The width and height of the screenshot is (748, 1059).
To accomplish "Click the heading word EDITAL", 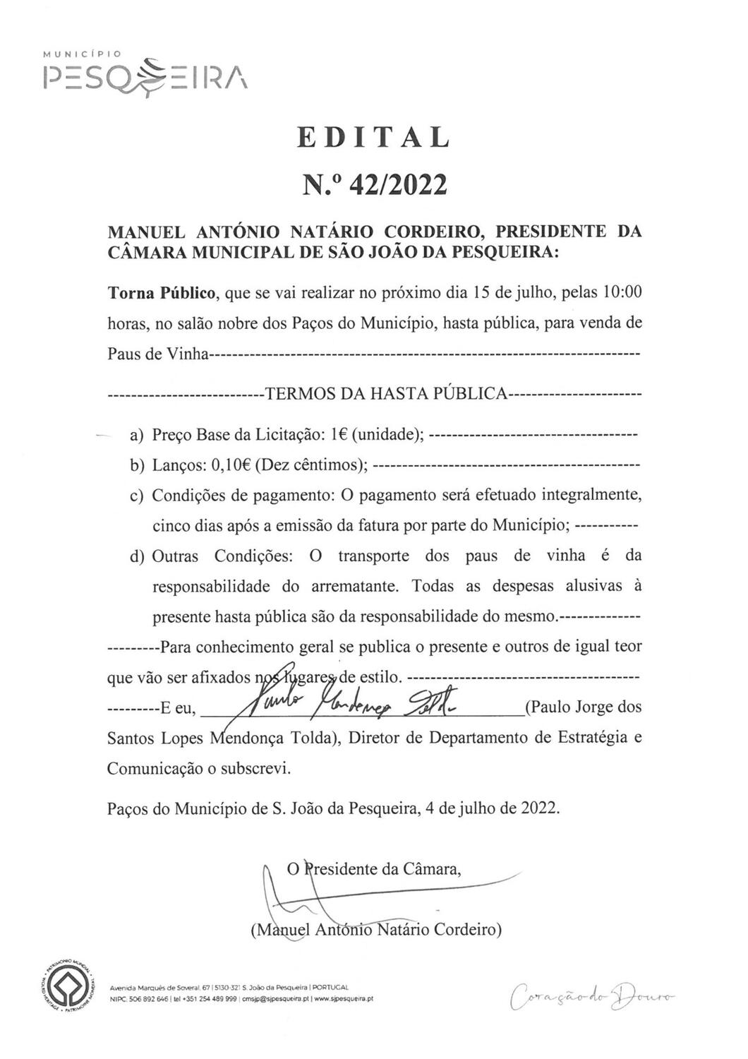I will click(x=373, y=137).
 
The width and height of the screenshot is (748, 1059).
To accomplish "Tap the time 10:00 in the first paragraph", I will click(x=622, y=292).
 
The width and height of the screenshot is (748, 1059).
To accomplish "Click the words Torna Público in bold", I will click(x=162, y=292).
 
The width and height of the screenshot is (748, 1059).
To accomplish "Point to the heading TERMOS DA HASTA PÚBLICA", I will click(x=385, y=393).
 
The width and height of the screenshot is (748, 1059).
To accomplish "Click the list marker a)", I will click(x=136, y=435).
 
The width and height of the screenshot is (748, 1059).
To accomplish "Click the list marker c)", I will click(x=136, y=496).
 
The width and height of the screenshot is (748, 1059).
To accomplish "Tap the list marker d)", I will click(x=136, y=556).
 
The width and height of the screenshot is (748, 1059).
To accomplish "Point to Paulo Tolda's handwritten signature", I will click(x=353, y=702).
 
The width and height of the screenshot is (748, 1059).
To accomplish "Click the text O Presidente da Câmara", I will click(x=374, y=868).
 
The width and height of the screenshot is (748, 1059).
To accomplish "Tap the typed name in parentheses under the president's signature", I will click(x=376, y=929).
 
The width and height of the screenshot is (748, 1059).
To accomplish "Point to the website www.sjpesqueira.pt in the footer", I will click(x=344, y=999).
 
